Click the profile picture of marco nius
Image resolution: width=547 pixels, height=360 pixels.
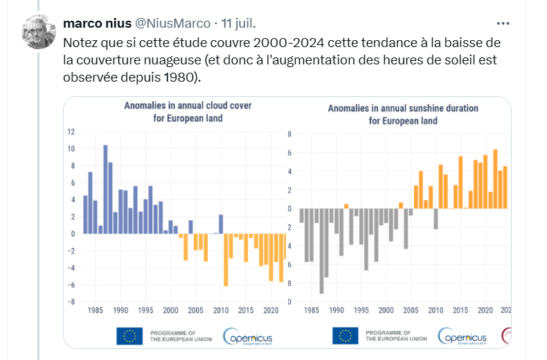[39, 31]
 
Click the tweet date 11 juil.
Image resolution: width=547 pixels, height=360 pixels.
[235, 24]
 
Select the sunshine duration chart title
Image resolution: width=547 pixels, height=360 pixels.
[402, 115]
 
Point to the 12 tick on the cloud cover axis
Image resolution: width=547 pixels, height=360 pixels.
[71, 132]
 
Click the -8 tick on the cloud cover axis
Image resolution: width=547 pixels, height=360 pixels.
[70, 302]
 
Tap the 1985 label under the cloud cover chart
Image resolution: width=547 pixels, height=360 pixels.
[95, 310]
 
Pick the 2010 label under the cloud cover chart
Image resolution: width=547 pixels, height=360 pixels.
[221, 310]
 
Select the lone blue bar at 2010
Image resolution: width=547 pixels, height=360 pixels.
[221, 224]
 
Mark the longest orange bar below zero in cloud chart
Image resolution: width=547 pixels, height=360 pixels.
[226, 260]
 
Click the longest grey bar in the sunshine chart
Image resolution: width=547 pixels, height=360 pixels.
[321, 251]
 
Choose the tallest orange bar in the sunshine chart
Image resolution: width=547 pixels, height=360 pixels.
[495, 179]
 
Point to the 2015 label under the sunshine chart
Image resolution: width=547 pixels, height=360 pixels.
[460, 310]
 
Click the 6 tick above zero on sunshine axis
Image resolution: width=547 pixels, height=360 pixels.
[290, 153]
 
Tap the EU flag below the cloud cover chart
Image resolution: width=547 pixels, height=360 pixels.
[129, 336]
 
